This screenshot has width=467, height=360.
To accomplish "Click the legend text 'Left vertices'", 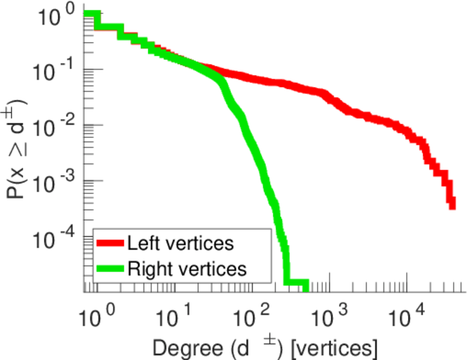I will pos(180,244).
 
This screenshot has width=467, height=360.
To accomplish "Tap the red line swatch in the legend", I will pos(111,244).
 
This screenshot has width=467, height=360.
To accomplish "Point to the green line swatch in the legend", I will pos(111,269).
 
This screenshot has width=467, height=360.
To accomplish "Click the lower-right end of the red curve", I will pos(452,206).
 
